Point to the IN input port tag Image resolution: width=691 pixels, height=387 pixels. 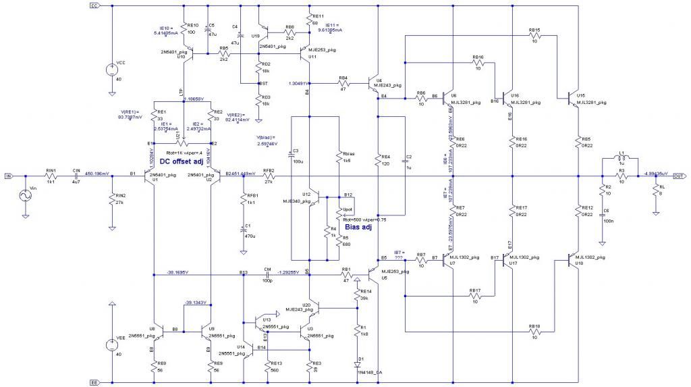[8, 176]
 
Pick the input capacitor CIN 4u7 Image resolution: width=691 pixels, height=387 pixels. [76, 176]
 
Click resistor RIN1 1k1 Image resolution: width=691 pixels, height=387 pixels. [50, 176]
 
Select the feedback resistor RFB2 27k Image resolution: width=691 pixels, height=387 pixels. [269, 176]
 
